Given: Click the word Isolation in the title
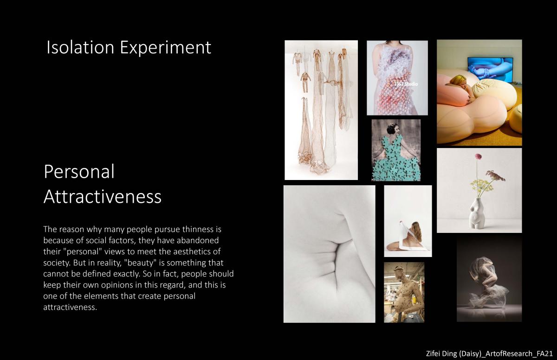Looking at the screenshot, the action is coord(80,47).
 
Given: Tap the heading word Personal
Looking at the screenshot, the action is coord(79,172).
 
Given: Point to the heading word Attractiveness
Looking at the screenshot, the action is coord(103,196).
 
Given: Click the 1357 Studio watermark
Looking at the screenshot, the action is coord(406,84).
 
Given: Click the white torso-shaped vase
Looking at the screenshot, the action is coord(476,213).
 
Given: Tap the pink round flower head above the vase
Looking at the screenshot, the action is coord(478,156).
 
